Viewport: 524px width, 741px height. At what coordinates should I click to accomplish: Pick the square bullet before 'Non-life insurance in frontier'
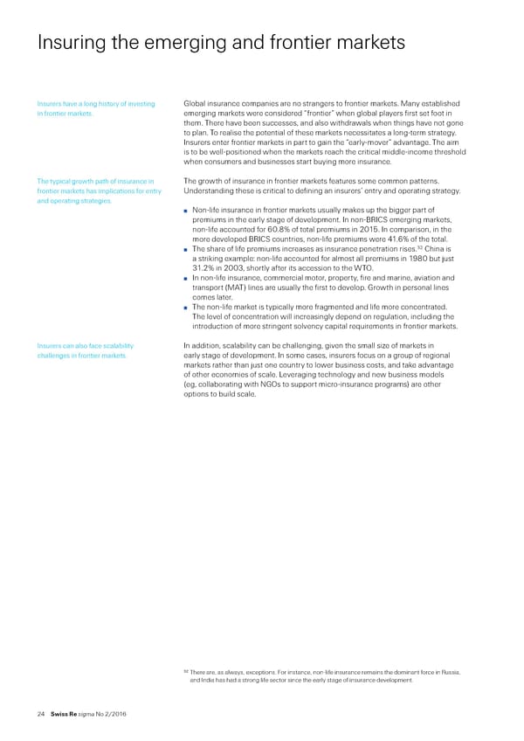(187, 209)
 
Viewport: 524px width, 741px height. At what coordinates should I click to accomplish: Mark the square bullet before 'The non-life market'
(187, 307)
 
